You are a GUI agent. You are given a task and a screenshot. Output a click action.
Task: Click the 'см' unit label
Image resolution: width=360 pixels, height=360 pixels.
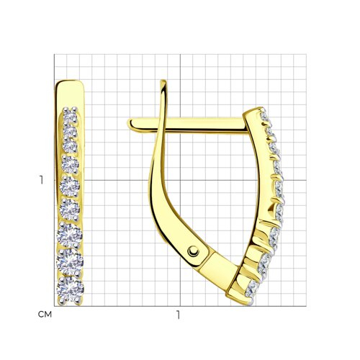click(45, 315)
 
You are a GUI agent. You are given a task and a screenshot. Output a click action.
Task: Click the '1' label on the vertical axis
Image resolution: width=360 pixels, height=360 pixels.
click(42, 180)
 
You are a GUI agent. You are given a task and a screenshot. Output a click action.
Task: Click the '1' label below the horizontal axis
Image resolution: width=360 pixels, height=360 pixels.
click(178, 315)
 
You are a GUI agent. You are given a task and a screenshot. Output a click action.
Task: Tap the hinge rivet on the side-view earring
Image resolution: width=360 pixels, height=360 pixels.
click(193, 251)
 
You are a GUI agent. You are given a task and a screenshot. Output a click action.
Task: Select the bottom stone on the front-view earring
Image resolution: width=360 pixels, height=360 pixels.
click(70, 289)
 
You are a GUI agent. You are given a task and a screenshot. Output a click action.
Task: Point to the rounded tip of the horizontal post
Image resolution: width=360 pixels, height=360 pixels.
click(130, 125)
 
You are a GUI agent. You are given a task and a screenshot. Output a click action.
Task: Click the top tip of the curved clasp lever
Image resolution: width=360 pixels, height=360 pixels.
click(163, 81)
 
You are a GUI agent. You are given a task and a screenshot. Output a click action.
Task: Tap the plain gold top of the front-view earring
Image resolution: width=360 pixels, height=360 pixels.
click(69, 94)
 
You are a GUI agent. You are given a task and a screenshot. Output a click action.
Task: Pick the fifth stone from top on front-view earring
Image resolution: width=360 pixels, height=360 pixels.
click(70, 186)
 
